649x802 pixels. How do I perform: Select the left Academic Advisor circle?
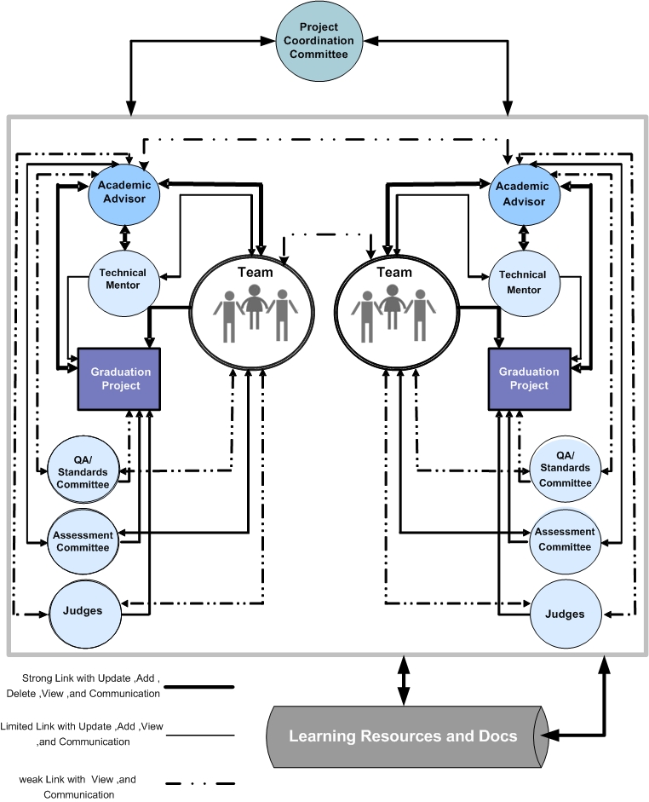[x=127, y=193]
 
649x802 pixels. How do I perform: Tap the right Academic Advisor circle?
[x=523, y=193]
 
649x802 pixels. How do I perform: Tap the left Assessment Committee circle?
[x=83, y=541]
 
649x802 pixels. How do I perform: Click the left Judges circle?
[x=83, y=610]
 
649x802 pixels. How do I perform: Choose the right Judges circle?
[x=564, y=614]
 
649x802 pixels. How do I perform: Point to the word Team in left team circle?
[x=256, y=272]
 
